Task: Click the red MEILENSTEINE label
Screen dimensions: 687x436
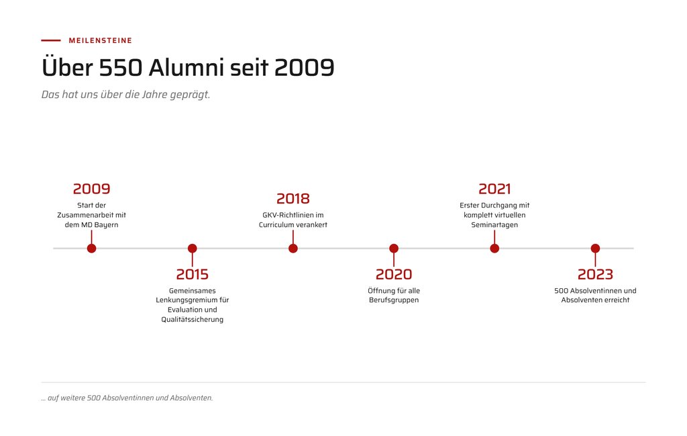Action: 101,40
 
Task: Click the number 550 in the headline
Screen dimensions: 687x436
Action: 121,68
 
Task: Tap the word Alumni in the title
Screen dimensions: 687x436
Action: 186,68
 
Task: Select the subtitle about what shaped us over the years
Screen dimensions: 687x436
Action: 125,94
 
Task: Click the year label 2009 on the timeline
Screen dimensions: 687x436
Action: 91,189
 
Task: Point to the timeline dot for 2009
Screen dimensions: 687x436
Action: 91,249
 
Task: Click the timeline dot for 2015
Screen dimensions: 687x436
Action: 193,249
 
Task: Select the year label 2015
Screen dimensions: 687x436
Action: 193,274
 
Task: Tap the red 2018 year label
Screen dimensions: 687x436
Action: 293,199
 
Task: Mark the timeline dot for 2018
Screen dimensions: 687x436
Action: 293,249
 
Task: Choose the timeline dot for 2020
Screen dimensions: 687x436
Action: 394,249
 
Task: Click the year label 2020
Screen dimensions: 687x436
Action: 394,274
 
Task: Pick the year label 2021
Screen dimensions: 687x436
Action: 494,189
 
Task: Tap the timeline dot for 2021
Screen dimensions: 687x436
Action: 494,249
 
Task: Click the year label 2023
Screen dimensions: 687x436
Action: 596,274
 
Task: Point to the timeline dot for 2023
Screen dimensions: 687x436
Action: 596,249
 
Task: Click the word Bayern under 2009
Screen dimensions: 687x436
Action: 106,225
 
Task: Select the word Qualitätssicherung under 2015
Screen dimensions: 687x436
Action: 193,319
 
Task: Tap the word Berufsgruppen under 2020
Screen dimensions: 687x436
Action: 394,300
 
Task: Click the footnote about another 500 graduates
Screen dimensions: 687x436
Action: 127,398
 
